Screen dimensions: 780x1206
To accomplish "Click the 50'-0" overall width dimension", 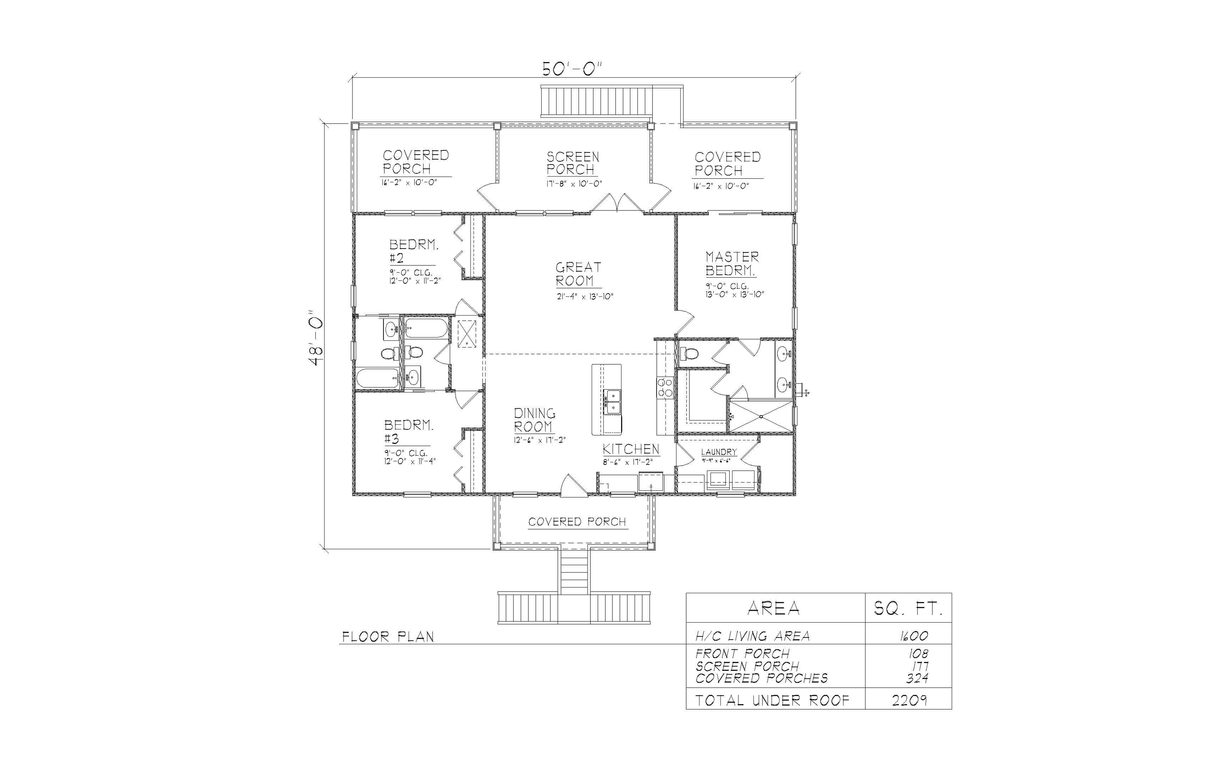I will click(573, 68).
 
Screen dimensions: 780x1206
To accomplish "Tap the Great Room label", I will click(578, 274).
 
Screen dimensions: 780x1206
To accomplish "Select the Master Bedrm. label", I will click(731, 264).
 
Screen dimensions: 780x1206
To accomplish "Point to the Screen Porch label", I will click(572, 163).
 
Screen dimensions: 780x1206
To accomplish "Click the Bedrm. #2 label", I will click(413, 251).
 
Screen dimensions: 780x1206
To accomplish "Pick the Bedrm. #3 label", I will click(408, 431).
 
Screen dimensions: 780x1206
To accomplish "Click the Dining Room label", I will click(534, 420).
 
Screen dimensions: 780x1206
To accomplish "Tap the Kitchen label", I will click(630, 449).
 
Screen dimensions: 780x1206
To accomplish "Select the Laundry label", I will click(718, 452).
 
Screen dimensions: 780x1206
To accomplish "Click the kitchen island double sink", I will click(613, 402).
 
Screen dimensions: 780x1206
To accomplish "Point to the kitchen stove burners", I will click(665, 388).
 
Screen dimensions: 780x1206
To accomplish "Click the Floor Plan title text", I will click(388, 637).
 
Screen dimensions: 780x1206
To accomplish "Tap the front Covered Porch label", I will click(577, 522).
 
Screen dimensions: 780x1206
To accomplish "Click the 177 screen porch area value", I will click(918, 666).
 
